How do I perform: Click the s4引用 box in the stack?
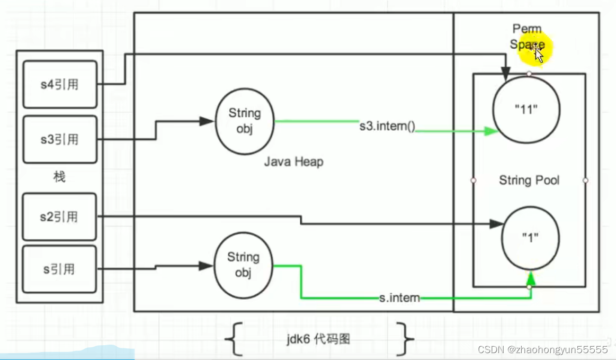point(59,84)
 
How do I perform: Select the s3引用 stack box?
point(59,140)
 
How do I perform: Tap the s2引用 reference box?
point(59,217)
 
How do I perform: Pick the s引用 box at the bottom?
point(59,269)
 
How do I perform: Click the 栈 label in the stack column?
point(59,177)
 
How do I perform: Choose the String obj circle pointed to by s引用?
point(244,265)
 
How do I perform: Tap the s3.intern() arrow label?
point(387,127)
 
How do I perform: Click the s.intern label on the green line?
point(399,298)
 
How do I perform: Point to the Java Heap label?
point(293,161)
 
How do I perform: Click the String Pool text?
point(529,181)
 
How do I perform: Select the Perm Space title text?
point(527,37)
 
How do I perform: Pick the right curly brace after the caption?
point(407,338)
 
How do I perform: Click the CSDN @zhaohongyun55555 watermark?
point(542,349)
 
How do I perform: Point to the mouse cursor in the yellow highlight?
point(538,53)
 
